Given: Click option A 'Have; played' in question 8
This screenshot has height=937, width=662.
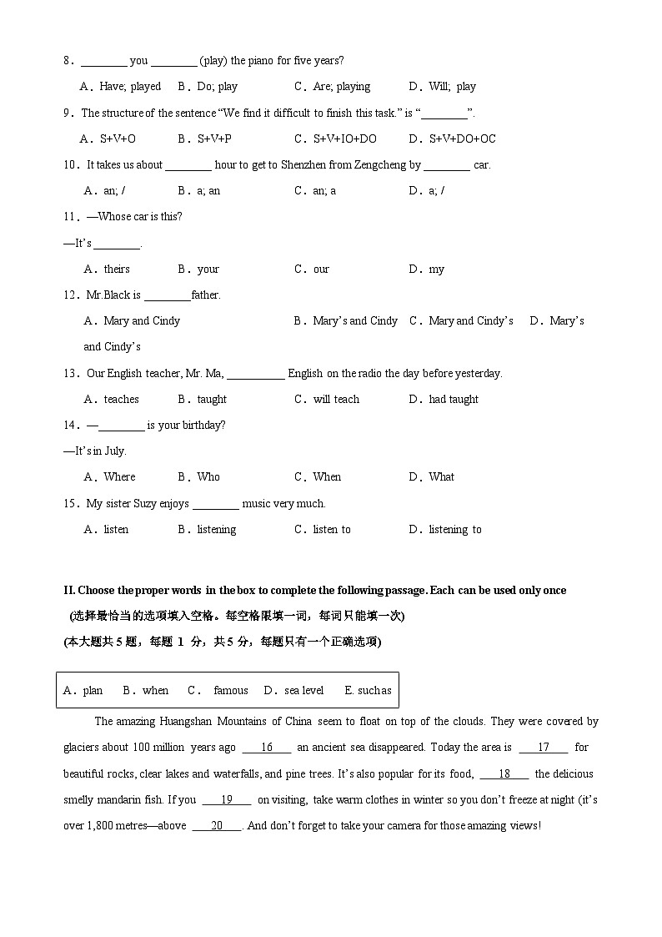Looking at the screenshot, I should coord(121,86).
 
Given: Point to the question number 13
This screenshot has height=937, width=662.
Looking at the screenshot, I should coord(70,373).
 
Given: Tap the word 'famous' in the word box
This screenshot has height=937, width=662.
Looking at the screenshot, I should coord(231,690).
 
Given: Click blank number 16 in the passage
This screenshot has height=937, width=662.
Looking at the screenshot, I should coord(267,748).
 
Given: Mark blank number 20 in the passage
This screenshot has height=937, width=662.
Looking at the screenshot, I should coord(217,825).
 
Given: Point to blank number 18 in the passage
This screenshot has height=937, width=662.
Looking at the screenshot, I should coord(504,773).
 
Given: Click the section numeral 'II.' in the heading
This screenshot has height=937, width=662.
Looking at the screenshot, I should coord(69,590).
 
